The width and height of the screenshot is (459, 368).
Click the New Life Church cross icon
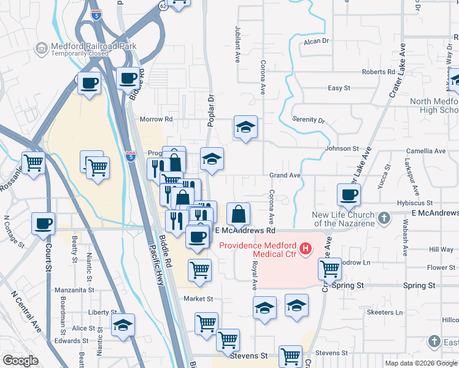point(384,218)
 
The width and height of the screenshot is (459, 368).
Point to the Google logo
point(20,361)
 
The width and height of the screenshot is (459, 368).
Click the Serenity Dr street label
point(307,120)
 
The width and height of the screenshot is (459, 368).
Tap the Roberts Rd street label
point(378,72)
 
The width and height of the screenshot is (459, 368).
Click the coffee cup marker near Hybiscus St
point(349,195)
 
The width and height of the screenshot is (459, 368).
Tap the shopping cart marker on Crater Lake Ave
point(330,268)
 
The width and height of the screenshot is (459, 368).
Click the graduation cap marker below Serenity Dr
point(245,128)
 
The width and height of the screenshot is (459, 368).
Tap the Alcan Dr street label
point(317,41)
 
